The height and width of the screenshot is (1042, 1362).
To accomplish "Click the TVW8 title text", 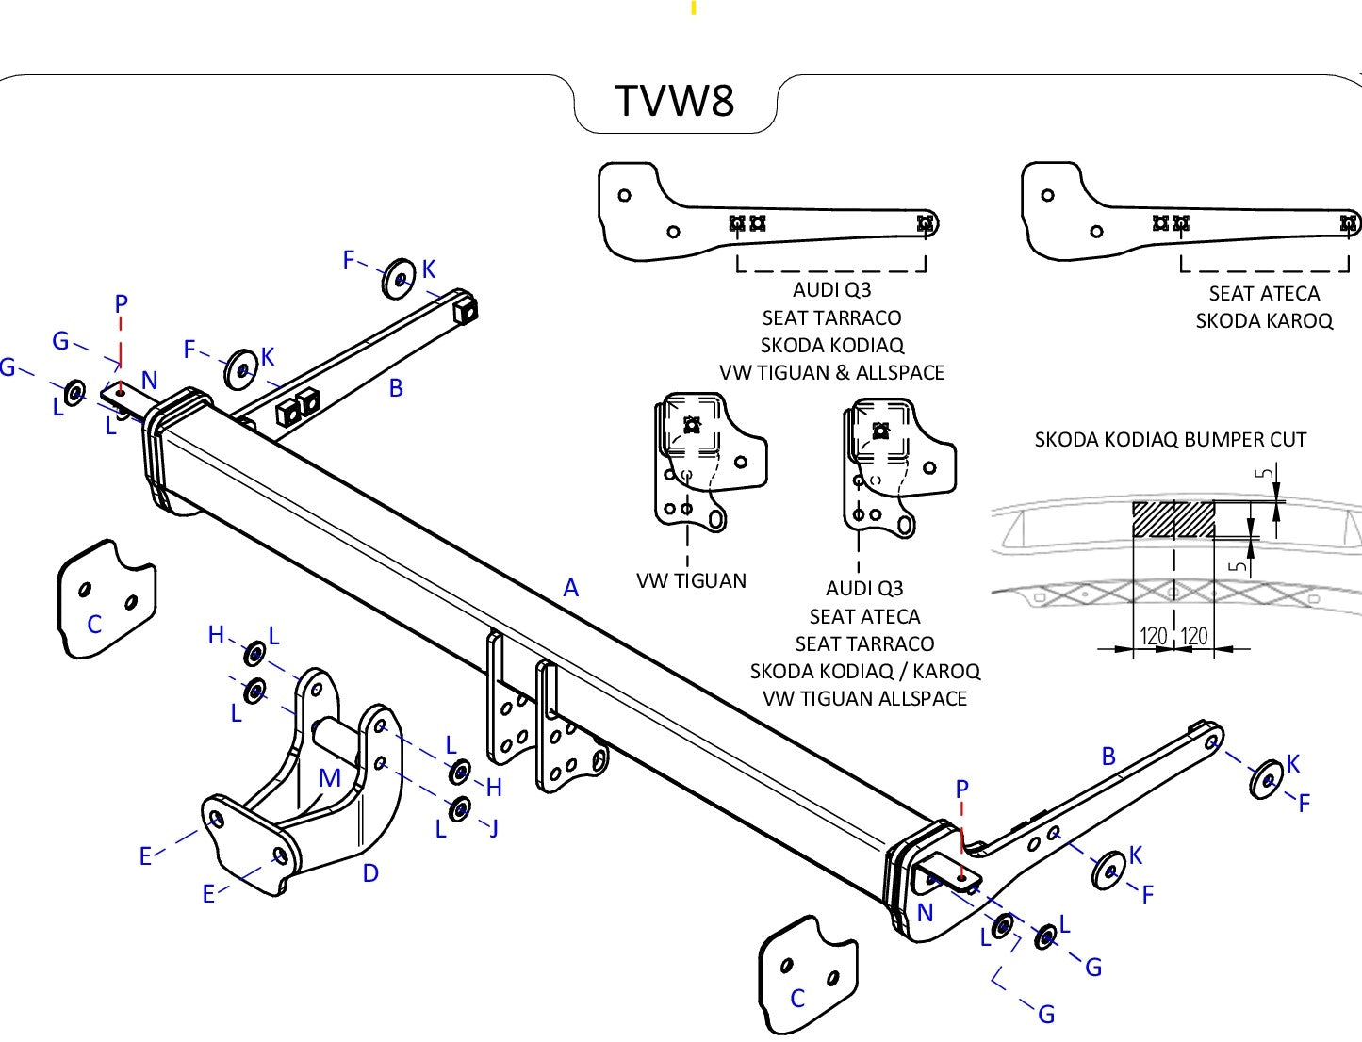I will pos(674,101).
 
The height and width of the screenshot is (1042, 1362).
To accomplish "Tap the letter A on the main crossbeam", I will pos(570,589).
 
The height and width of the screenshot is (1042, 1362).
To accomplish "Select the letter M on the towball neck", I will pos(329,778).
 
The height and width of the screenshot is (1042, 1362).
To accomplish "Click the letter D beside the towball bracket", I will pos(370,873).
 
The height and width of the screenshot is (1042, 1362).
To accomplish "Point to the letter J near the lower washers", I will pos(493,828).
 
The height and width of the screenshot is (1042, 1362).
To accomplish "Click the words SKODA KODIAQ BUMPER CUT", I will pos(1170,440).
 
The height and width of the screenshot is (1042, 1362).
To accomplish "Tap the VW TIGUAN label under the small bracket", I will pos(691,581).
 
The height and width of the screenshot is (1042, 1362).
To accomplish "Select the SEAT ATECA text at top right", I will pos(1264,294).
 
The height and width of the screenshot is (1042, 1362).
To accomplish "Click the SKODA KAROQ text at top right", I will pos(1264,321).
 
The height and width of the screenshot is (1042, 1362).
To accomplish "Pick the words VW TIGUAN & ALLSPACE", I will pos(831,373).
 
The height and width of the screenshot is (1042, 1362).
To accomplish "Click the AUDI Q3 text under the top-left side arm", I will pos(831,290).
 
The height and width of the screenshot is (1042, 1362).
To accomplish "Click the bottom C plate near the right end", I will pos(808,975).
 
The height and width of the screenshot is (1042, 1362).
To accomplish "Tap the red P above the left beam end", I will pos(121,304).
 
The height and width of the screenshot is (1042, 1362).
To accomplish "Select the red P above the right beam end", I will pos(961,790).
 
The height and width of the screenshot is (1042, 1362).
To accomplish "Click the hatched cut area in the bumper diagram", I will pos(1173,519).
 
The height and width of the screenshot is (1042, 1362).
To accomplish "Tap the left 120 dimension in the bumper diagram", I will pos(1154,636).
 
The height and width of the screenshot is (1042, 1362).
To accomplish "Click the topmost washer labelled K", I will pos(401,278).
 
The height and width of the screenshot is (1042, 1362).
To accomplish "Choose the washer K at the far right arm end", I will pos(1266,779).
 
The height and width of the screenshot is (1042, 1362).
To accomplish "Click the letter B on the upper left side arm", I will pos(396,387).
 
